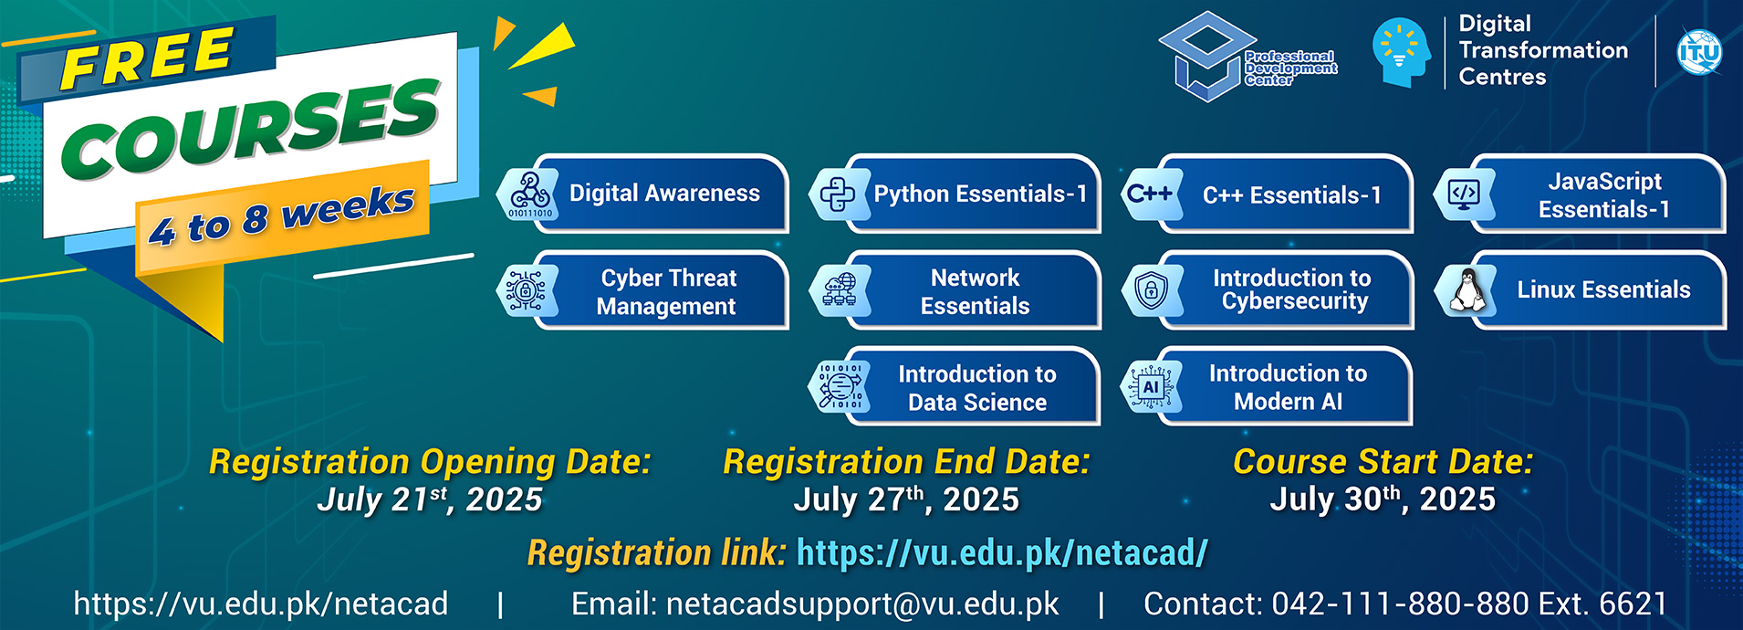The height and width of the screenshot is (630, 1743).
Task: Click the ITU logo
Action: point(1699,52)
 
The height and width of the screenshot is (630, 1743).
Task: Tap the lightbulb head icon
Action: point(1401,53)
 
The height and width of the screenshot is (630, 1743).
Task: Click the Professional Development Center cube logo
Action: point(1207,57)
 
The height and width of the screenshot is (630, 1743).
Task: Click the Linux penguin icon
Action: point(1466,290)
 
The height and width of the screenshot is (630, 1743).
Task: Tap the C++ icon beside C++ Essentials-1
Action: point(1149,194)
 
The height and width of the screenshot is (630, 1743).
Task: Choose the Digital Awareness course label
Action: point(664,193)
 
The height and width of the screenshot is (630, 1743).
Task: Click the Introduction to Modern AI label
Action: point(1288,387)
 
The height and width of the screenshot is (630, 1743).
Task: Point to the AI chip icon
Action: point(1150,387)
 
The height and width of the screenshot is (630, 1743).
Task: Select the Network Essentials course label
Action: point(975,291)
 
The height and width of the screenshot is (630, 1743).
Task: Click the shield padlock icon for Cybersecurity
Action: point(1151,290)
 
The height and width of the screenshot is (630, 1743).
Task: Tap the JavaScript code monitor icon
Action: point(1464,194)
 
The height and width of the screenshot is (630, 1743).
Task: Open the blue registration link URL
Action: point(1002,552)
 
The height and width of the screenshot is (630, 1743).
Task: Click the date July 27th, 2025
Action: point(906,499)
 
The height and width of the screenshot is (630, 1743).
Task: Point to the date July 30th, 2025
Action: point(1383,499)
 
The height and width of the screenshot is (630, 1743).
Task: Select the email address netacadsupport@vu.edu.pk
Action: point(862,604)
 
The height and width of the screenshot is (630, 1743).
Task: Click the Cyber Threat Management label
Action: point(667,291)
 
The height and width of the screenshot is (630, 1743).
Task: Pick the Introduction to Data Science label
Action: point(977,388)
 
